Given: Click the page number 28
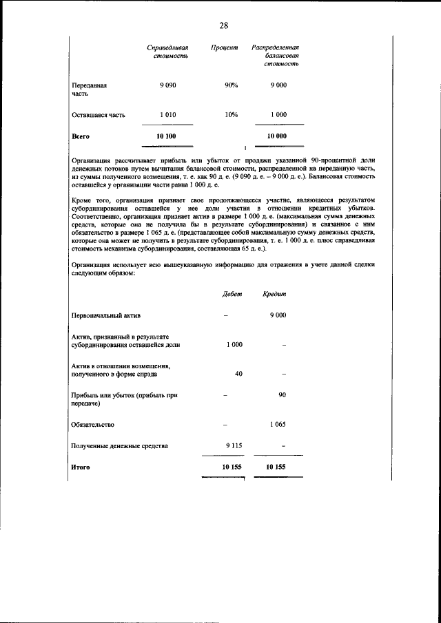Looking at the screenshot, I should (224, 25).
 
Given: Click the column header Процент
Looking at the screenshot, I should (225, 47).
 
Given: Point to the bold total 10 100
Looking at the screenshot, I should (167, 136).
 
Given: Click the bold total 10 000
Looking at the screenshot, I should (277, 136).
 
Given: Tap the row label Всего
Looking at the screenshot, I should (81, 136).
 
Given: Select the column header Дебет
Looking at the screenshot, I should (232, 294).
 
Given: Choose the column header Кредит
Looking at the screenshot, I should (274, 294).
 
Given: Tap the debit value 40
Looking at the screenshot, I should (238, 374).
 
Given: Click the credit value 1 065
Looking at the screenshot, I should (278, 424).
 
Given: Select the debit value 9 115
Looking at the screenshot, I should (234, 446).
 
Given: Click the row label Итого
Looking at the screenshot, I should (81, 467).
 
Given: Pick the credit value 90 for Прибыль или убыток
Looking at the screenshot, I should (282, 395).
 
